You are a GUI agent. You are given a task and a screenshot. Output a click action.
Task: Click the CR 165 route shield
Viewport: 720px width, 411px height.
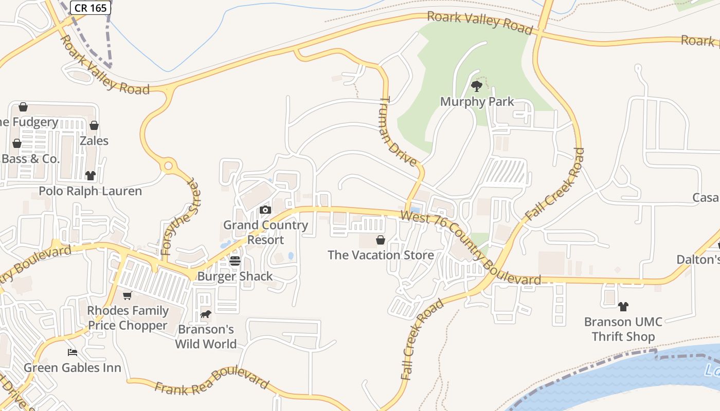[91, 7]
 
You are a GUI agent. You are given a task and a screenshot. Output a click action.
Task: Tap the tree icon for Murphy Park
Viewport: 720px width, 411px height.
[477, 86]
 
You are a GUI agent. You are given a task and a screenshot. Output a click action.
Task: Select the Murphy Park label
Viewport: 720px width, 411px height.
[477, 102]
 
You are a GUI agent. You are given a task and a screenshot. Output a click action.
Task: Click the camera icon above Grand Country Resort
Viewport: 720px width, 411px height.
[265, 210]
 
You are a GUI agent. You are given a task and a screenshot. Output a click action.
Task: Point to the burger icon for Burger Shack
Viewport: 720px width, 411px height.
[235, 261]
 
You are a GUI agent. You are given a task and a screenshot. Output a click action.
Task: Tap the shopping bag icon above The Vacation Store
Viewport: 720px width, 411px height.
[381, 240]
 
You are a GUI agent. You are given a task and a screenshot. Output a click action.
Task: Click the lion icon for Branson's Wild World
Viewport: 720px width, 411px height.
[206, 314]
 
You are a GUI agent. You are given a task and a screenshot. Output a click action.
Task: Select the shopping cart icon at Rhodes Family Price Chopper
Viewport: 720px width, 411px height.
[127, 295]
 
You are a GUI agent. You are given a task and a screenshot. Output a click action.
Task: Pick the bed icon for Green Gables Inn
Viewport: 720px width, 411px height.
[73, 352]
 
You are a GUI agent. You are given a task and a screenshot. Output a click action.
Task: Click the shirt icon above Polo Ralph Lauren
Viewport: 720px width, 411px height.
[91, 176]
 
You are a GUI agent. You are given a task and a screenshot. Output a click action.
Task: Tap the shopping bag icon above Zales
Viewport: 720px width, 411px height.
[94, 125]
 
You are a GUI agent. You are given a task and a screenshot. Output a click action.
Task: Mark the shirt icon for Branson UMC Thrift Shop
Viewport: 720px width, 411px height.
[623, 307]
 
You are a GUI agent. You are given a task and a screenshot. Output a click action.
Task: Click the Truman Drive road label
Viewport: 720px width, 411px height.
[399, 132]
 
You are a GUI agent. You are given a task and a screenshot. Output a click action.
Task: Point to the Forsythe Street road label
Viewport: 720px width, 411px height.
[179, 217]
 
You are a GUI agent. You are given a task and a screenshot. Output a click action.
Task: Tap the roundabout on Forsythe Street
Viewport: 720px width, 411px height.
[168, 166]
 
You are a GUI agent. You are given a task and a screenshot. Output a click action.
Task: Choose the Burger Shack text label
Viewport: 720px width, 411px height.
[235, 276]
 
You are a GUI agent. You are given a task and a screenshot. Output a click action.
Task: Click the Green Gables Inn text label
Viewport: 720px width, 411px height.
[73, 368]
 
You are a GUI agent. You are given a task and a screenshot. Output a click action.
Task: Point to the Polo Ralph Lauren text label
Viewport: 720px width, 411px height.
[91, 191]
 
